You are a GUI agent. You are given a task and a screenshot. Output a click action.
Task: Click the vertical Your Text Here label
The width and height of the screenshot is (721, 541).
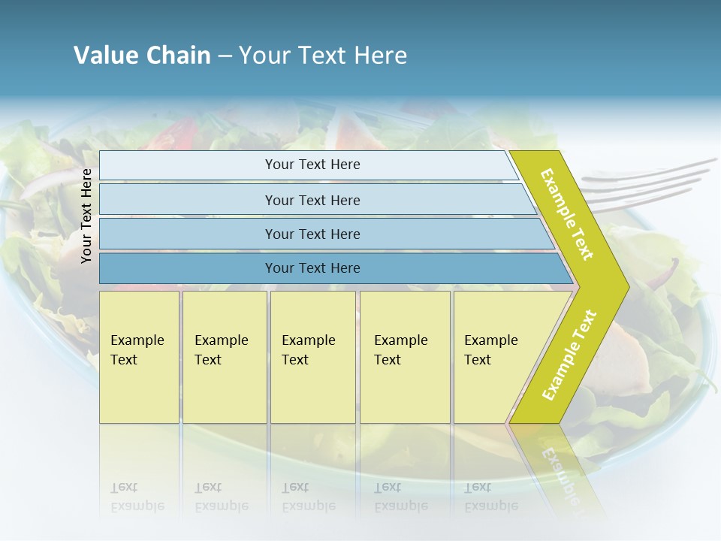point(86,216)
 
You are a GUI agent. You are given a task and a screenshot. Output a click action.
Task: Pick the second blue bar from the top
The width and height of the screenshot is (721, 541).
point(312,200)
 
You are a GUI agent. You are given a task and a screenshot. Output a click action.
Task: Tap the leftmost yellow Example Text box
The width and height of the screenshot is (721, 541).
point(139,356)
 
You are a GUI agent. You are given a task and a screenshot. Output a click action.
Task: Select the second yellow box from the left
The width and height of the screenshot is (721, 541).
point(224,356)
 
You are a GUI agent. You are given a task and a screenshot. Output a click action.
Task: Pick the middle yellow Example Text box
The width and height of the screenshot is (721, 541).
point(312,356)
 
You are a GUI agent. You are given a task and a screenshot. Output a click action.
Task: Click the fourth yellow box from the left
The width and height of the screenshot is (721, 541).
point(405,356)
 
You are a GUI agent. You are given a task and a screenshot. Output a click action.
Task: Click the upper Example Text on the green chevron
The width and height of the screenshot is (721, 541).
point(568,214)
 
